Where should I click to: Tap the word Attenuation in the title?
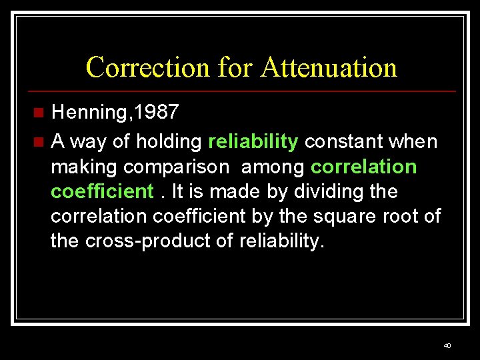329,67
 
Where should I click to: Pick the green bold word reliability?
253,141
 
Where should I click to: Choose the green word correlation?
363,166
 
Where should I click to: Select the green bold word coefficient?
102,191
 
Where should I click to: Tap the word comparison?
177,167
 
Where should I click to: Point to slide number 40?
447,346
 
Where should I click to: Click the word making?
85,167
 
